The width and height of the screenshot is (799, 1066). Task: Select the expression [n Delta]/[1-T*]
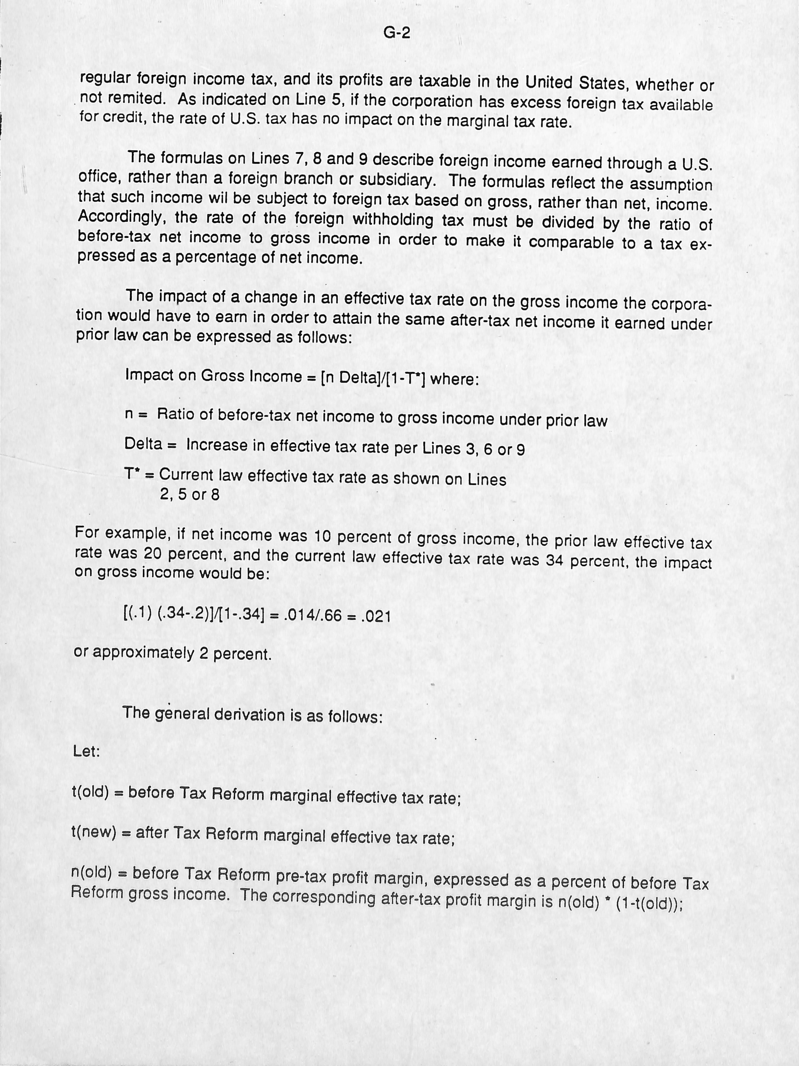[372, 377]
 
